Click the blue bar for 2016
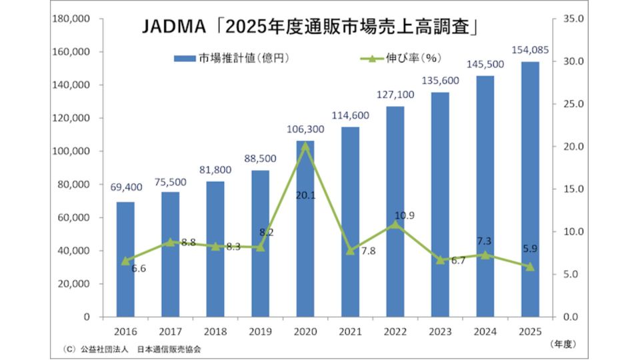[x=125, y=259]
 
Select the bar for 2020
[x=305, y=229]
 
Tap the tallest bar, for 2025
[x=530, y=189]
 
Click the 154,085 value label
[x=530, y=50]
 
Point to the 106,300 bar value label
[x=305, y=129]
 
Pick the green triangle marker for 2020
[x=305, y=146]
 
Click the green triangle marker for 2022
[x=395, y=224]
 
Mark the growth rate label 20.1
[x=305, y=195]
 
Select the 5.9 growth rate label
[x=530, y=249]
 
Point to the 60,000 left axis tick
[x=74, y=217]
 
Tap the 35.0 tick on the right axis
[x=573, y=19]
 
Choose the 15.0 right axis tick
[x=573, y=189]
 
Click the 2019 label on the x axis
[x=261, y=331]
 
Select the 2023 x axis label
[x=440, y=331]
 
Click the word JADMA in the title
[x=174, y=27]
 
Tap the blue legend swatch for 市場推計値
[x=185, y=59]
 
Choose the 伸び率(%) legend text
[x=413, y=58]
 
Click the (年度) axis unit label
[x=563, y=344]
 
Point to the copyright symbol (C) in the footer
[x=70, y=349]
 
